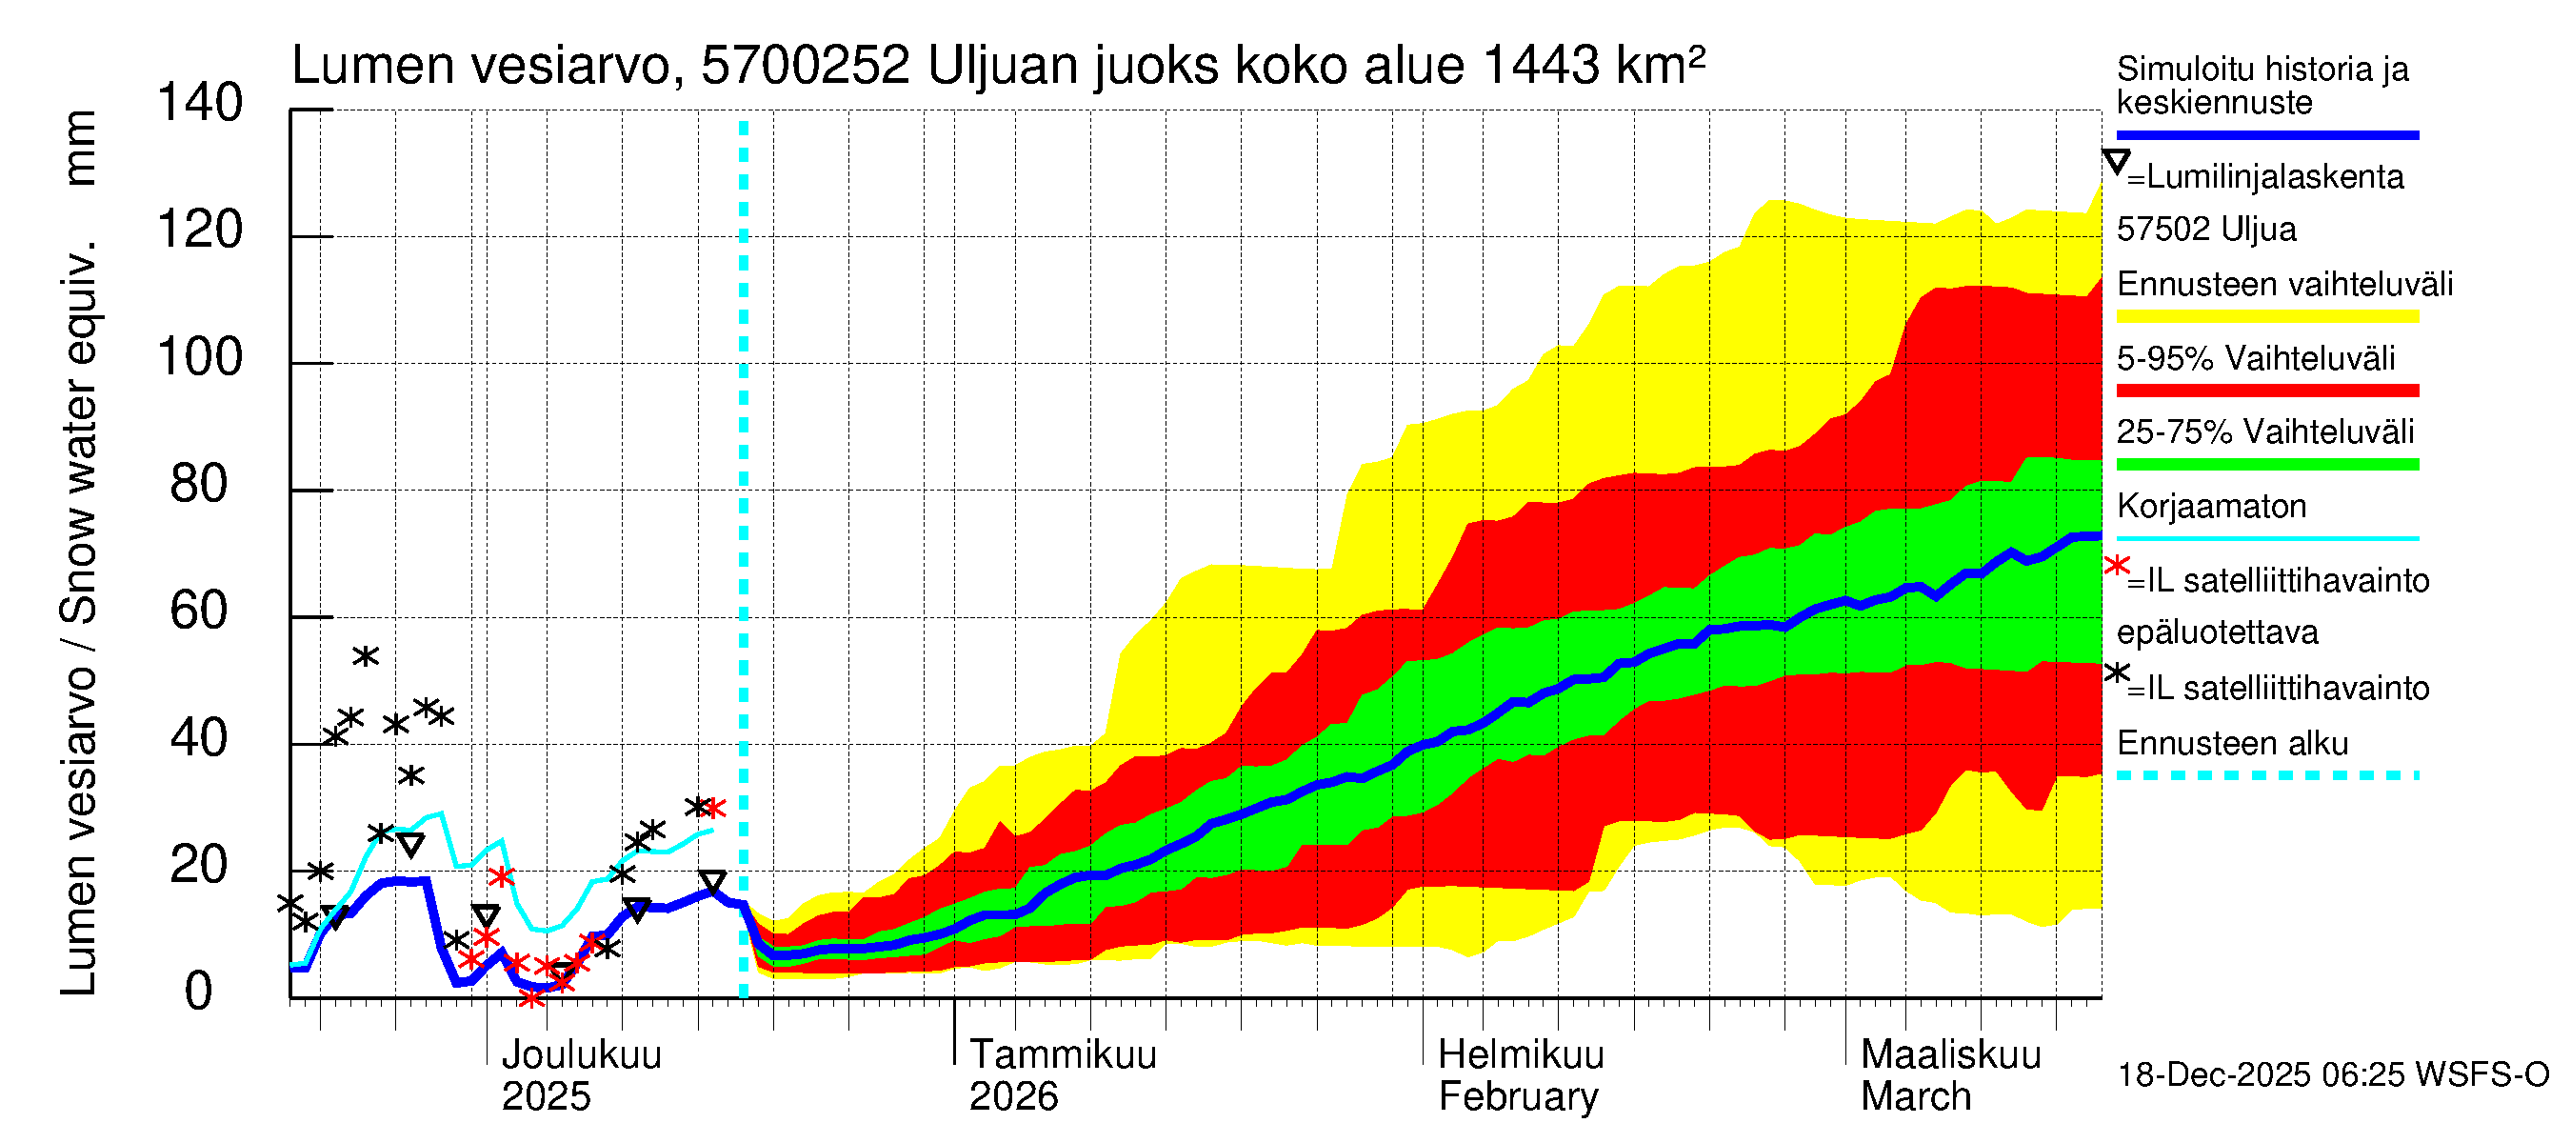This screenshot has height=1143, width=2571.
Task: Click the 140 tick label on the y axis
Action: tap(200, 103)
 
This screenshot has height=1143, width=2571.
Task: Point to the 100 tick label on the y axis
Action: tap(200, 357)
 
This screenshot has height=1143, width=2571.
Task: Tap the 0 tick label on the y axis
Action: tap(199, 992)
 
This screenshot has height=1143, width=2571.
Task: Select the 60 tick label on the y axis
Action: tap(199, 611)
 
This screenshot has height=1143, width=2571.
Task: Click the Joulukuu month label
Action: tap(581, 1055)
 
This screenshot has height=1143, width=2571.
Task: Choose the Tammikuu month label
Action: tap(1063, 1055)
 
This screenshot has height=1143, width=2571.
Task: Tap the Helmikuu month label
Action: tap(1521, 1055)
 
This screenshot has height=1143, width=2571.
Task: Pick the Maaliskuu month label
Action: tap(1951, 1055)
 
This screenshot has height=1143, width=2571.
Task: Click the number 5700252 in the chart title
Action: tap(805, 66)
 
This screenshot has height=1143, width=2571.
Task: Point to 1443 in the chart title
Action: tap(1541, 66)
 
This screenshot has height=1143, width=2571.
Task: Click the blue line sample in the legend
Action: tap(2266, 134)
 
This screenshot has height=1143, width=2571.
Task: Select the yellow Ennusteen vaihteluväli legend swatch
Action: tap(2266, 316)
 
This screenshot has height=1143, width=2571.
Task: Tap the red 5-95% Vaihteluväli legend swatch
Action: tap(2266, 391)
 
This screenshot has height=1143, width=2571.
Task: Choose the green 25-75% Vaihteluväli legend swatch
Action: tap(2266, 464)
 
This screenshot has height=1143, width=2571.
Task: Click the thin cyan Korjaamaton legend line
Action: tap(2266, 538)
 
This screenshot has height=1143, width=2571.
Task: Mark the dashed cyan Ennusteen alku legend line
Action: tap(2266, 774)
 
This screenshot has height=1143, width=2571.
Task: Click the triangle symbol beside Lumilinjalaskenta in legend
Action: tap(2116, 162)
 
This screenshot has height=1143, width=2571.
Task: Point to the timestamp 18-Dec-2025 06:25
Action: tap(2262, 1075)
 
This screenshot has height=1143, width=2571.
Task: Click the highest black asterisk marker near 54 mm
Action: tap(366, 656)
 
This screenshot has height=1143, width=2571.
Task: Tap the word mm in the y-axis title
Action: tap(79, 148)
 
